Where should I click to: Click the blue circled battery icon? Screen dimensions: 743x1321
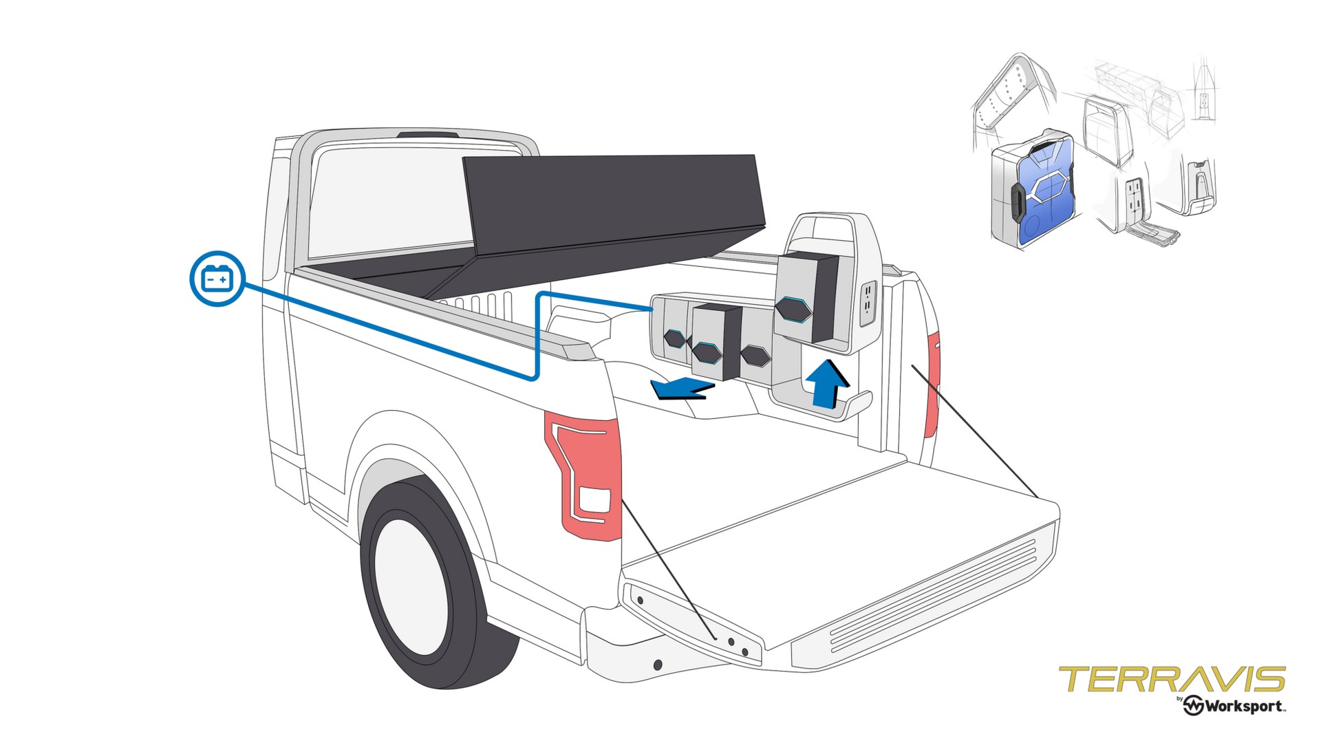(x=217, y=278)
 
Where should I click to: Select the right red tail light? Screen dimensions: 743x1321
(x=932, y=385)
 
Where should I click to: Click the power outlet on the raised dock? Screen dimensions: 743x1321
(x=868, y=302)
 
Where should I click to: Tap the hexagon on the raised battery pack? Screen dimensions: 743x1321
(x=795, y=309)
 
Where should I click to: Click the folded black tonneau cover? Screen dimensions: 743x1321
(x=612, y=206)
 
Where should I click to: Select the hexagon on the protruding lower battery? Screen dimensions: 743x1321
(x=706, y=353)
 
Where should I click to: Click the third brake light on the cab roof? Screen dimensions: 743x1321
(x=428, y=133)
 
